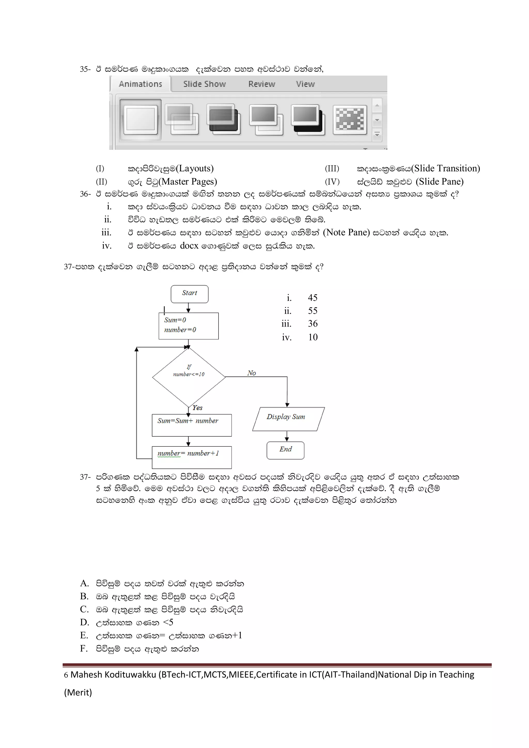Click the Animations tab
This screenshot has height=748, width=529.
click(141, 84)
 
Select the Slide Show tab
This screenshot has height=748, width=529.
click(204, 84)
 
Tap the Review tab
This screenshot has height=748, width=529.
click(262, 84)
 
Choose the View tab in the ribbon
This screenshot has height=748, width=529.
click(305, 84)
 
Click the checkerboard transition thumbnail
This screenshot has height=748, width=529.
click(350, 120)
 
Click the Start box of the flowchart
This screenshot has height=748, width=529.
click(190, 294)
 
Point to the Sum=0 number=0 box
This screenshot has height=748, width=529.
click(189, 326)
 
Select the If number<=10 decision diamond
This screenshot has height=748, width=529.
click(189, 377)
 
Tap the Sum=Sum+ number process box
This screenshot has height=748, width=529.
click(192, 425)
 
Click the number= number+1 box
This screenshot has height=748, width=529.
click(192, 457)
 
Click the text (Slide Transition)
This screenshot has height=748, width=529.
click(446, 168)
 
